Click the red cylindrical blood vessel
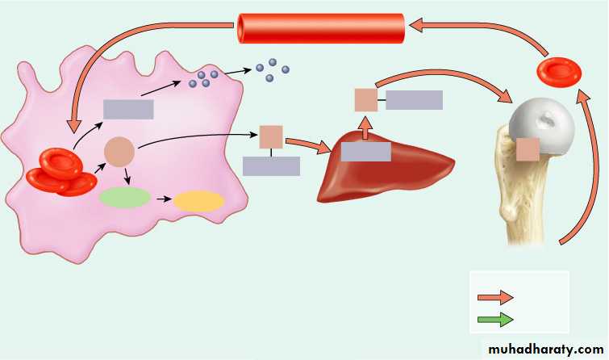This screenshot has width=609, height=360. [321, 28]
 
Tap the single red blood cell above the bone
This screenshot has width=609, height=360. [559, 72]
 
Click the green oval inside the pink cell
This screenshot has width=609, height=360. [125, 198]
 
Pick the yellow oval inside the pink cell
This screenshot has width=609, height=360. [199, 201]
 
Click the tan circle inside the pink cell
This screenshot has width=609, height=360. [119, 152]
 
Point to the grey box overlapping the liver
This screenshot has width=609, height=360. [366, 152]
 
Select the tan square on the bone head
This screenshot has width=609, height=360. [528, 149]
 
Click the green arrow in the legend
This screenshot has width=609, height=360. [495, 320]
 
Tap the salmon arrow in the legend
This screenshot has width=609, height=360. [495, 297]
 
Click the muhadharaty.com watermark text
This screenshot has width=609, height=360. [546, 350]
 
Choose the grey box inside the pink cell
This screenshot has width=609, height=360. [128, 109]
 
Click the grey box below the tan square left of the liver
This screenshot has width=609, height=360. [272, 166]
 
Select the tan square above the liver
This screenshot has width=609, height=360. [366, 100]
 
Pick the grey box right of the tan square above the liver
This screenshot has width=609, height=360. [414, 100]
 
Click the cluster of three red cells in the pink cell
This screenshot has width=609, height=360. [61, 173]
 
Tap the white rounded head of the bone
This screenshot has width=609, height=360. [542, 125]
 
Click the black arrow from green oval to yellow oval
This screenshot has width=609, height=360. [164, 199]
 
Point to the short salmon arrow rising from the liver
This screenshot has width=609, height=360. [365, 128]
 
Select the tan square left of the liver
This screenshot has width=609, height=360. [271, 137]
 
